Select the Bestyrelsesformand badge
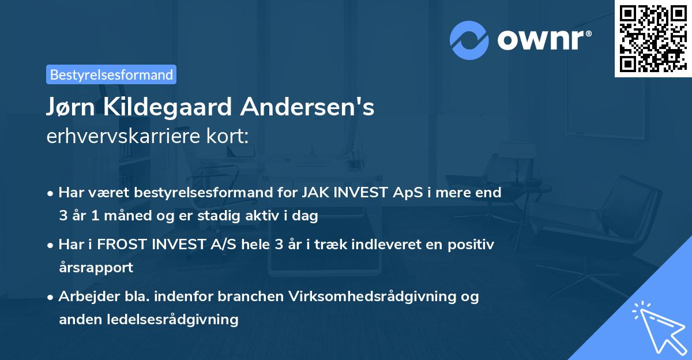(x=111, y=74)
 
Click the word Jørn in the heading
(x=70, y=107)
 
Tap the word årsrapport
(x=96, y=267)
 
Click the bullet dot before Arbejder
(x=51, y=297)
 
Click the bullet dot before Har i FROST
(x=51, y=245)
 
